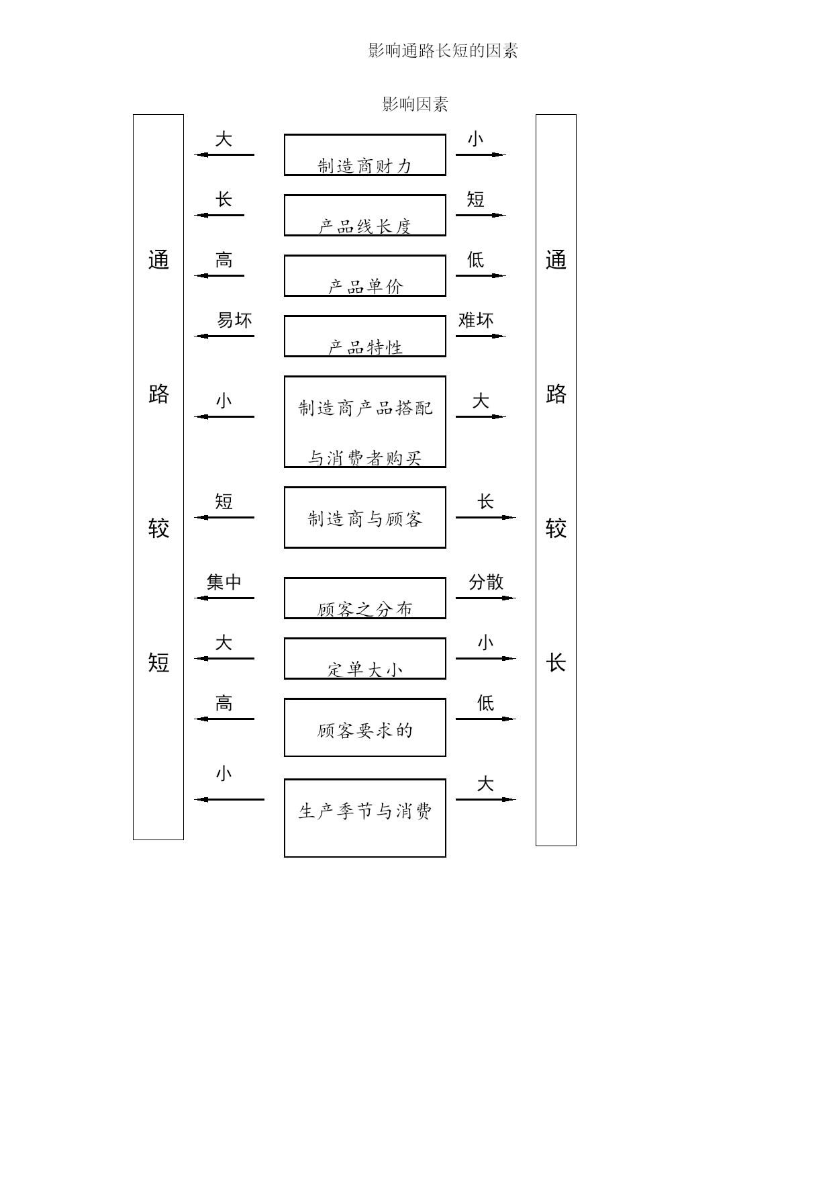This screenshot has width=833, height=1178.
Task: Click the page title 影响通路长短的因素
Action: click(x=443, y=50)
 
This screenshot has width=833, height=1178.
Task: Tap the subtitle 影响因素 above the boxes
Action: click(x=415, y=104)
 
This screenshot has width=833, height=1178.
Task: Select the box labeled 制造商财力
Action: click(x=365, y=154)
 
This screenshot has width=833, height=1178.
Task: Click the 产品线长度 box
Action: click(x=365, y=215)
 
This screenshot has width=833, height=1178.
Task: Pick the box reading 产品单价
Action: click(x=365, y=275)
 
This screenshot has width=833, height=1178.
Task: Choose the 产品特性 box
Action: click(x=365, y=336)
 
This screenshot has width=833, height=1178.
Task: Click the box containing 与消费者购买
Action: click(x=365, y=422)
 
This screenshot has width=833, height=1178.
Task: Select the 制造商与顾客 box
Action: click(x=365, y=517)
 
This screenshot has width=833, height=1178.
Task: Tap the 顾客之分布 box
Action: click(x=365, y=598)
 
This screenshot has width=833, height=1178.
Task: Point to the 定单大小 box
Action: click(x=365, y=658)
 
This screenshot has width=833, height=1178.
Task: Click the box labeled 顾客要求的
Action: click(x=365, y=727)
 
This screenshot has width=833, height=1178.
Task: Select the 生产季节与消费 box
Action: click(x=365, y=818)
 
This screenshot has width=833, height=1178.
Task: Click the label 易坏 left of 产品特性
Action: click(x=235, y=320)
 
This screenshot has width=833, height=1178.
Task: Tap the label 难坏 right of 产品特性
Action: click(x=476, y=320)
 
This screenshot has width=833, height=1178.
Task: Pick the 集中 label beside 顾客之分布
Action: click(x=224, y=582)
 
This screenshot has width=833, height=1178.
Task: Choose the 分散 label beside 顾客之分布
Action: click(x=486, y=582)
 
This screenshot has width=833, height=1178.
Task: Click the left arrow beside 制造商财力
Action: click(x=224, y=154)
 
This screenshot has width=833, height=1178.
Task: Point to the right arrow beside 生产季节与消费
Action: click(x=486, y=799)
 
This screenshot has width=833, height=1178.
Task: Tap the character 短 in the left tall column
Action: click(x=158, y=663)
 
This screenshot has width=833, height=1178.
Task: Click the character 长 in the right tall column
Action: click(x=556, y=663)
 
